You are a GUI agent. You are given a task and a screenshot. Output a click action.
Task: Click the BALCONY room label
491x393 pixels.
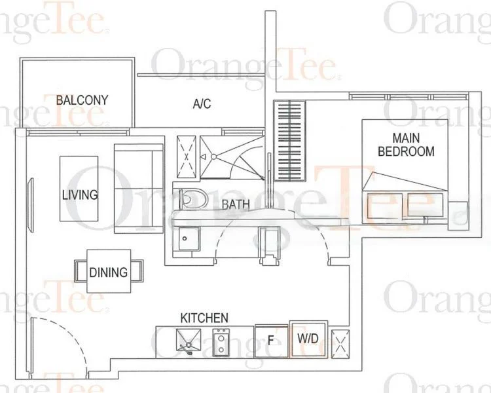[82, 100]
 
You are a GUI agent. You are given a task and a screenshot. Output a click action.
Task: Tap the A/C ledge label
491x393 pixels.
[201, 104]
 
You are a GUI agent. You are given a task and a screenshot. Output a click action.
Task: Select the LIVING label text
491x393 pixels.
[79, 195]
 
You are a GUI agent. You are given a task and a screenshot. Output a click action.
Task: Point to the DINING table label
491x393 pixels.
[108, 271]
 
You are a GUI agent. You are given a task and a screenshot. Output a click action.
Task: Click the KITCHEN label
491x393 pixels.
[204, 318]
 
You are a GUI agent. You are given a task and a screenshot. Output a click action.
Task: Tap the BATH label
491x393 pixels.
[235, 204]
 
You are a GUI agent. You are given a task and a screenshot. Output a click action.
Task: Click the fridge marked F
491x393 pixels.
[270, 341]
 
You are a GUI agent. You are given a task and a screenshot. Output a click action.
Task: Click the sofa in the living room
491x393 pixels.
[138, 189]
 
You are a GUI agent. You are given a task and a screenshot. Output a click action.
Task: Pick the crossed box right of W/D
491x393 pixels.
[341, 343]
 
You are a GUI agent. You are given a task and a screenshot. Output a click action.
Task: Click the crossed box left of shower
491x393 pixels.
[187, 157]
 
